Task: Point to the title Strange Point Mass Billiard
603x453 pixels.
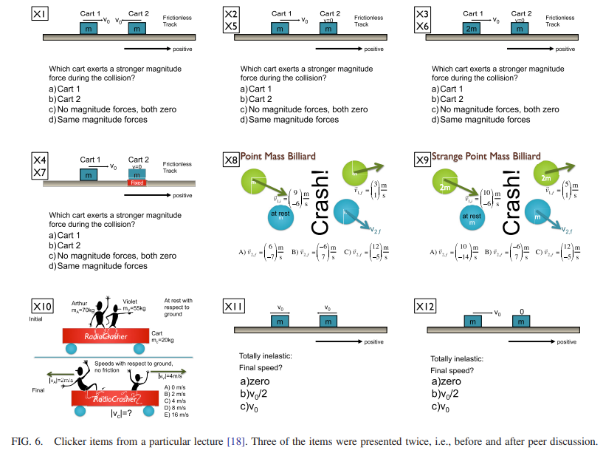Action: click(486, 157)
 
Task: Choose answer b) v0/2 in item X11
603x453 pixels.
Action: click(255, 394)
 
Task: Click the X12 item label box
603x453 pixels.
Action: click(427, 307)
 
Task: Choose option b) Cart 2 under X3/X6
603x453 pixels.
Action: click(447, 99)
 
